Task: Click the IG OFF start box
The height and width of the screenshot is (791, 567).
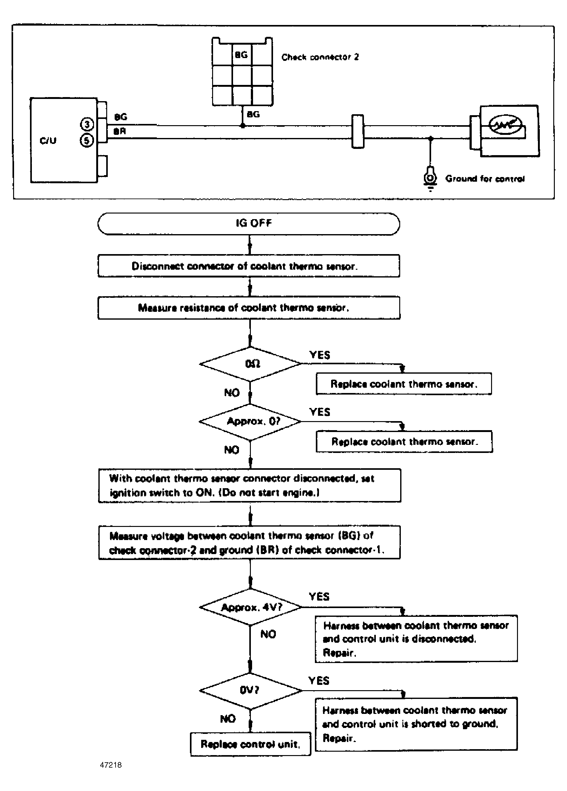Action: (249, 224)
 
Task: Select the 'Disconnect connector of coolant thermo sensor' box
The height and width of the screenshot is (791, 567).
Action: (249, 266)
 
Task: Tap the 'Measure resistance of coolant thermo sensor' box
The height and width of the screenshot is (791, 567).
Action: (249, 307)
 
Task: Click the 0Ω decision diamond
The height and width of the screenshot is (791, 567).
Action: (250, 364)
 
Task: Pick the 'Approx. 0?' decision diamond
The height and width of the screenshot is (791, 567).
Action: (250, 422)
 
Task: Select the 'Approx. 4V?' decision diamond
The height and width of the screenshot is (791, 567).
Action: (250, 607)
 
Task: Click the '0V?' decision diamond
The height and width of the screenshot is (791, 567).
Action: (250, 690)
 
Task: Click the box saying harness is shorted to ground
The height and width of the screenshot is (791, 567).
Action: (416, 724)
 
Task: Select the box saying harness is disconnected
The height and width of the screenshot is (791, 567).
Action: (416, 639)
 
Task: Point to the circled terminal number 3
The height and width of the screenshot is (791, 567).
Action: (87, 125)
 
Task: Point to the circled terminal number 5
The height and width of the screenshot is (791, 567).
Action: (87, 140)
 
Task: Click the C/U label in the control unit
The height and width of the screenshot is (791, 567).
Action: (48, 140)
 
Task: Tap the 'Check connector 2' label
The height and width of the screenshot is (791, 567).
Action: (320, 57)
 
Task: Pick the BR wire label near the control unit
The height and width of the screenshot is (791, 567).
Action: (119, 132)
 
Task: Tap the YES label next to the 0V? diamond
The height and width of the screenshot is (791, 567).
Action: (319, 680)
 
